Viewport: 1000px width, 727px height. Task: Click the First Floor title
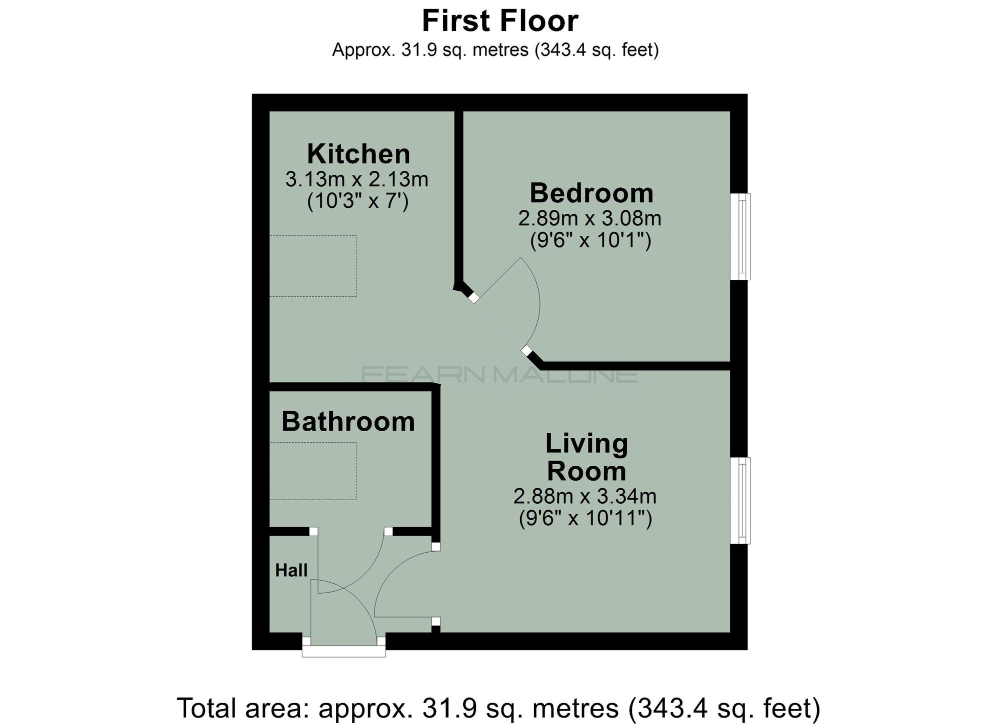[x=499, y=21]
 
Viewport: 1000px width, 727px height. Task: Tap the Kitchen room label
[x=358, y=154]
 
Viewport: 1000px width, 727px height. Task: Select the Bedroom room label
[x=591, y=193]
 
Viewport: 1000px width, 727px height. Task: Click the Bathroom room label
[x=348, y=422]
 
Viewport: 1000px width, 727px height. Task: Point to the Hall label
[x=291, y=570]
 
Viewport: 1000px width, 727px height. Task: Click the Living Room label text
[x=586, y=457]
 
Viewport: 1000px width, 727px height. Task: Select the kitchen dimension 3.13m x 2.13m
[x=356, y=179]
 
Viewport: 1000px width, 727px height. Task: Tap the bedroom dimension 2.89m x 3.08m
[x=589, y=218]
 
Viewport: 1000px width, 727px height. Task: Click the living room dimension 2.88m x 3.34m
[x=584, y=496]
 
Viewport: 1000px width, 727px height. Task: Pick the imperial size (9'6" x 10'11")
[x=585, y=518]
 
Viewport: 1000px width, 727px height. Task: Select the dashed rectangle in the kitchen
[x=313, y=266]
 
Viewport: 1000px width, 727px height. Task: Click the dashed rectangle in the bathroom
[x=313, y=471]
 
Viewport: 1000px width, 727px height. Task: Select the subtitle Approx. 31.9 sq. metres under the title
[x=495, y=49]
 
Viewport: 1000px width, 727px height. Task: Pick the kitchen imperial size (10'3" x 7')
[x=357, y=201]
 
